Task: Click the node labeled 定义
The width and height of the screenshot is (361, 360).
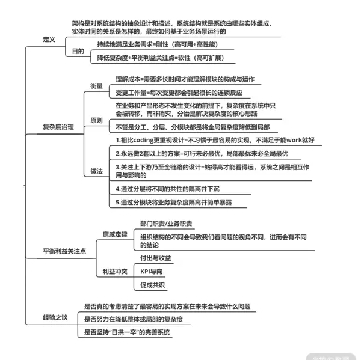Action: point(49,40)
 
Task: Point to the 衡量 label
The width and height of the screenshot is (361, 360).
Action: point(97,85)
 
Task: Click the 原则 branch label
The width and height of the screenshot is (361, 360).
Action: point(97,120)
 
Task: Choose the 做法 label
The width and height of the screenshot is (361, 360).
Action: point(97,171)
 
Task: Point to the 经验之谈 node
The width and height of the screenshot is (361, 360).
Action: point(55,317)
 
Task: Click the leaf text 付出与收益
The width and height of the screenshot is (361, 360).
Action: point(155,258)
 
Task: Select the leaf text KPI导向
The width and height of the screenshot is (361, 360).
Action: point(152,271)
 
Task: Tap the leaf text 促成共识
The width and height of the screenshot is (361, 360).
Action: point(152,285)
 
